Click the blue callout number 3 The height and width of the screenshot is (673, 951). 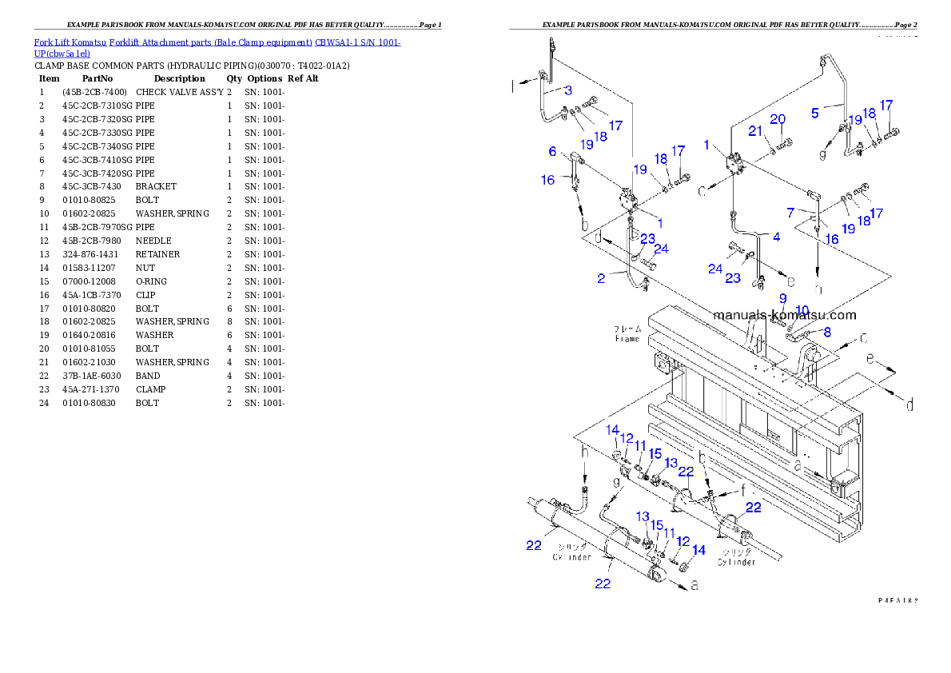[567, 90]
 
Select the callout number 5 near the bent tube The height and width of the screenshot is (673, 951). [815, 113]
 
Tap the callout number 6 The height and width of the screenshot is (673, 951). [551, 151]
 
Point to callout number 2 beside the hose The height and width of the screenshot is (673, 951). [601, 278]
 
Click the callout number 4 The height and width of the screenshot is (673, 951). [775, 237]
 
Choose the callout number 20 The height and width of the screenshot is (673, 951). [778, 120]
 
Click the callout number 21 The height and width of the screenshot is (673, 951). [755, 131]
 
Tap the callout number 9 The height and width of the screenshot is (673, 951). [783, 298]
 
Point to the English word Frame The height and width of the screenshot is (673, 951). [627, 339]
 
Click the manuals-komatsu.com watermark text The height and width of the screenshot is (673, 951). [786, 316]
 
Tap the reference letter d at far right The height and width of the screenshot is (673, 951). [909, 406]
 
